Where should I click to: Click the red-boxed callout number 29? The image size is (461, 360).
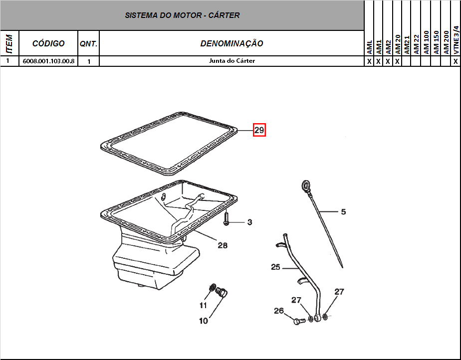(x=259, y=130)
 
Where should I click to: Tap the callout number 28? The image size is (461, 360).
(x=223, y=245)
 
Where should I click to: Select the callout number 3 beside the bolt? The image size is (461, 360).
(x=249, y=222)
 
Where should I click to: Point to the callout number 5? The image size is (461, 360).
(x=343, y=211)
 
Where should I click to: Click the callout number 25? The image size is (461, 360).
(x=275, y=267)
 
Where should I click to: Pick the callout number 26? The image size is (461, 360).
(x=279, y=311)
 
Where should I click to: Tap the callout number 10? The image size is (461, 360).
(x=203, y=321)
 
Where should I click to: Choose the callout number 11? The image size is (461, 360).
(x=203, y=305)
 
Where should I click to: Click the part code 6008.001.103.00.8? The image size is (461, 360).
(x=48, y=61)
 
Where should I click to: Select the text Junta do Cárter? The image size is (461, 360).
(x=232, y=61)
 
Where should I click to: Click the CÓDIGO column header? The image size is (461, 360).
(x=48, y=43)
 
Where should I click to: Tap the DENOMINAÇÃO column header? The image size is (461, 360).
(x=231, y=43)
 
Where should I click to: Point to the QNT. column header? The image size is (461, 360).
(x=88, y=44)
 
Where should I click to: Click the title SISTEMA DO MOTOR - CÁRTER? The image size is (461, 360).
(x=182, y=15)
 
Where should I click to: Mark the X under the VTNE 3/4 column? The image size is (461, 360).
(x=456, y=61)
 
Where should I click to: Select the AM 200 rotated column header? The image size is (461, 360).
(x=447, y=42)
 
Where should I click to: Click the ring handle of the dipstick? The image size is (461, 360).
(x=306, y=185)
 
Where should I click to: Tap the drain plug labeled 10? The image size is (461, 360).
(x=222, y=292)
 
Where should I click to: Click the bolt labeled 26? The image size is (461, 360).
(x=298, y=321)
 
